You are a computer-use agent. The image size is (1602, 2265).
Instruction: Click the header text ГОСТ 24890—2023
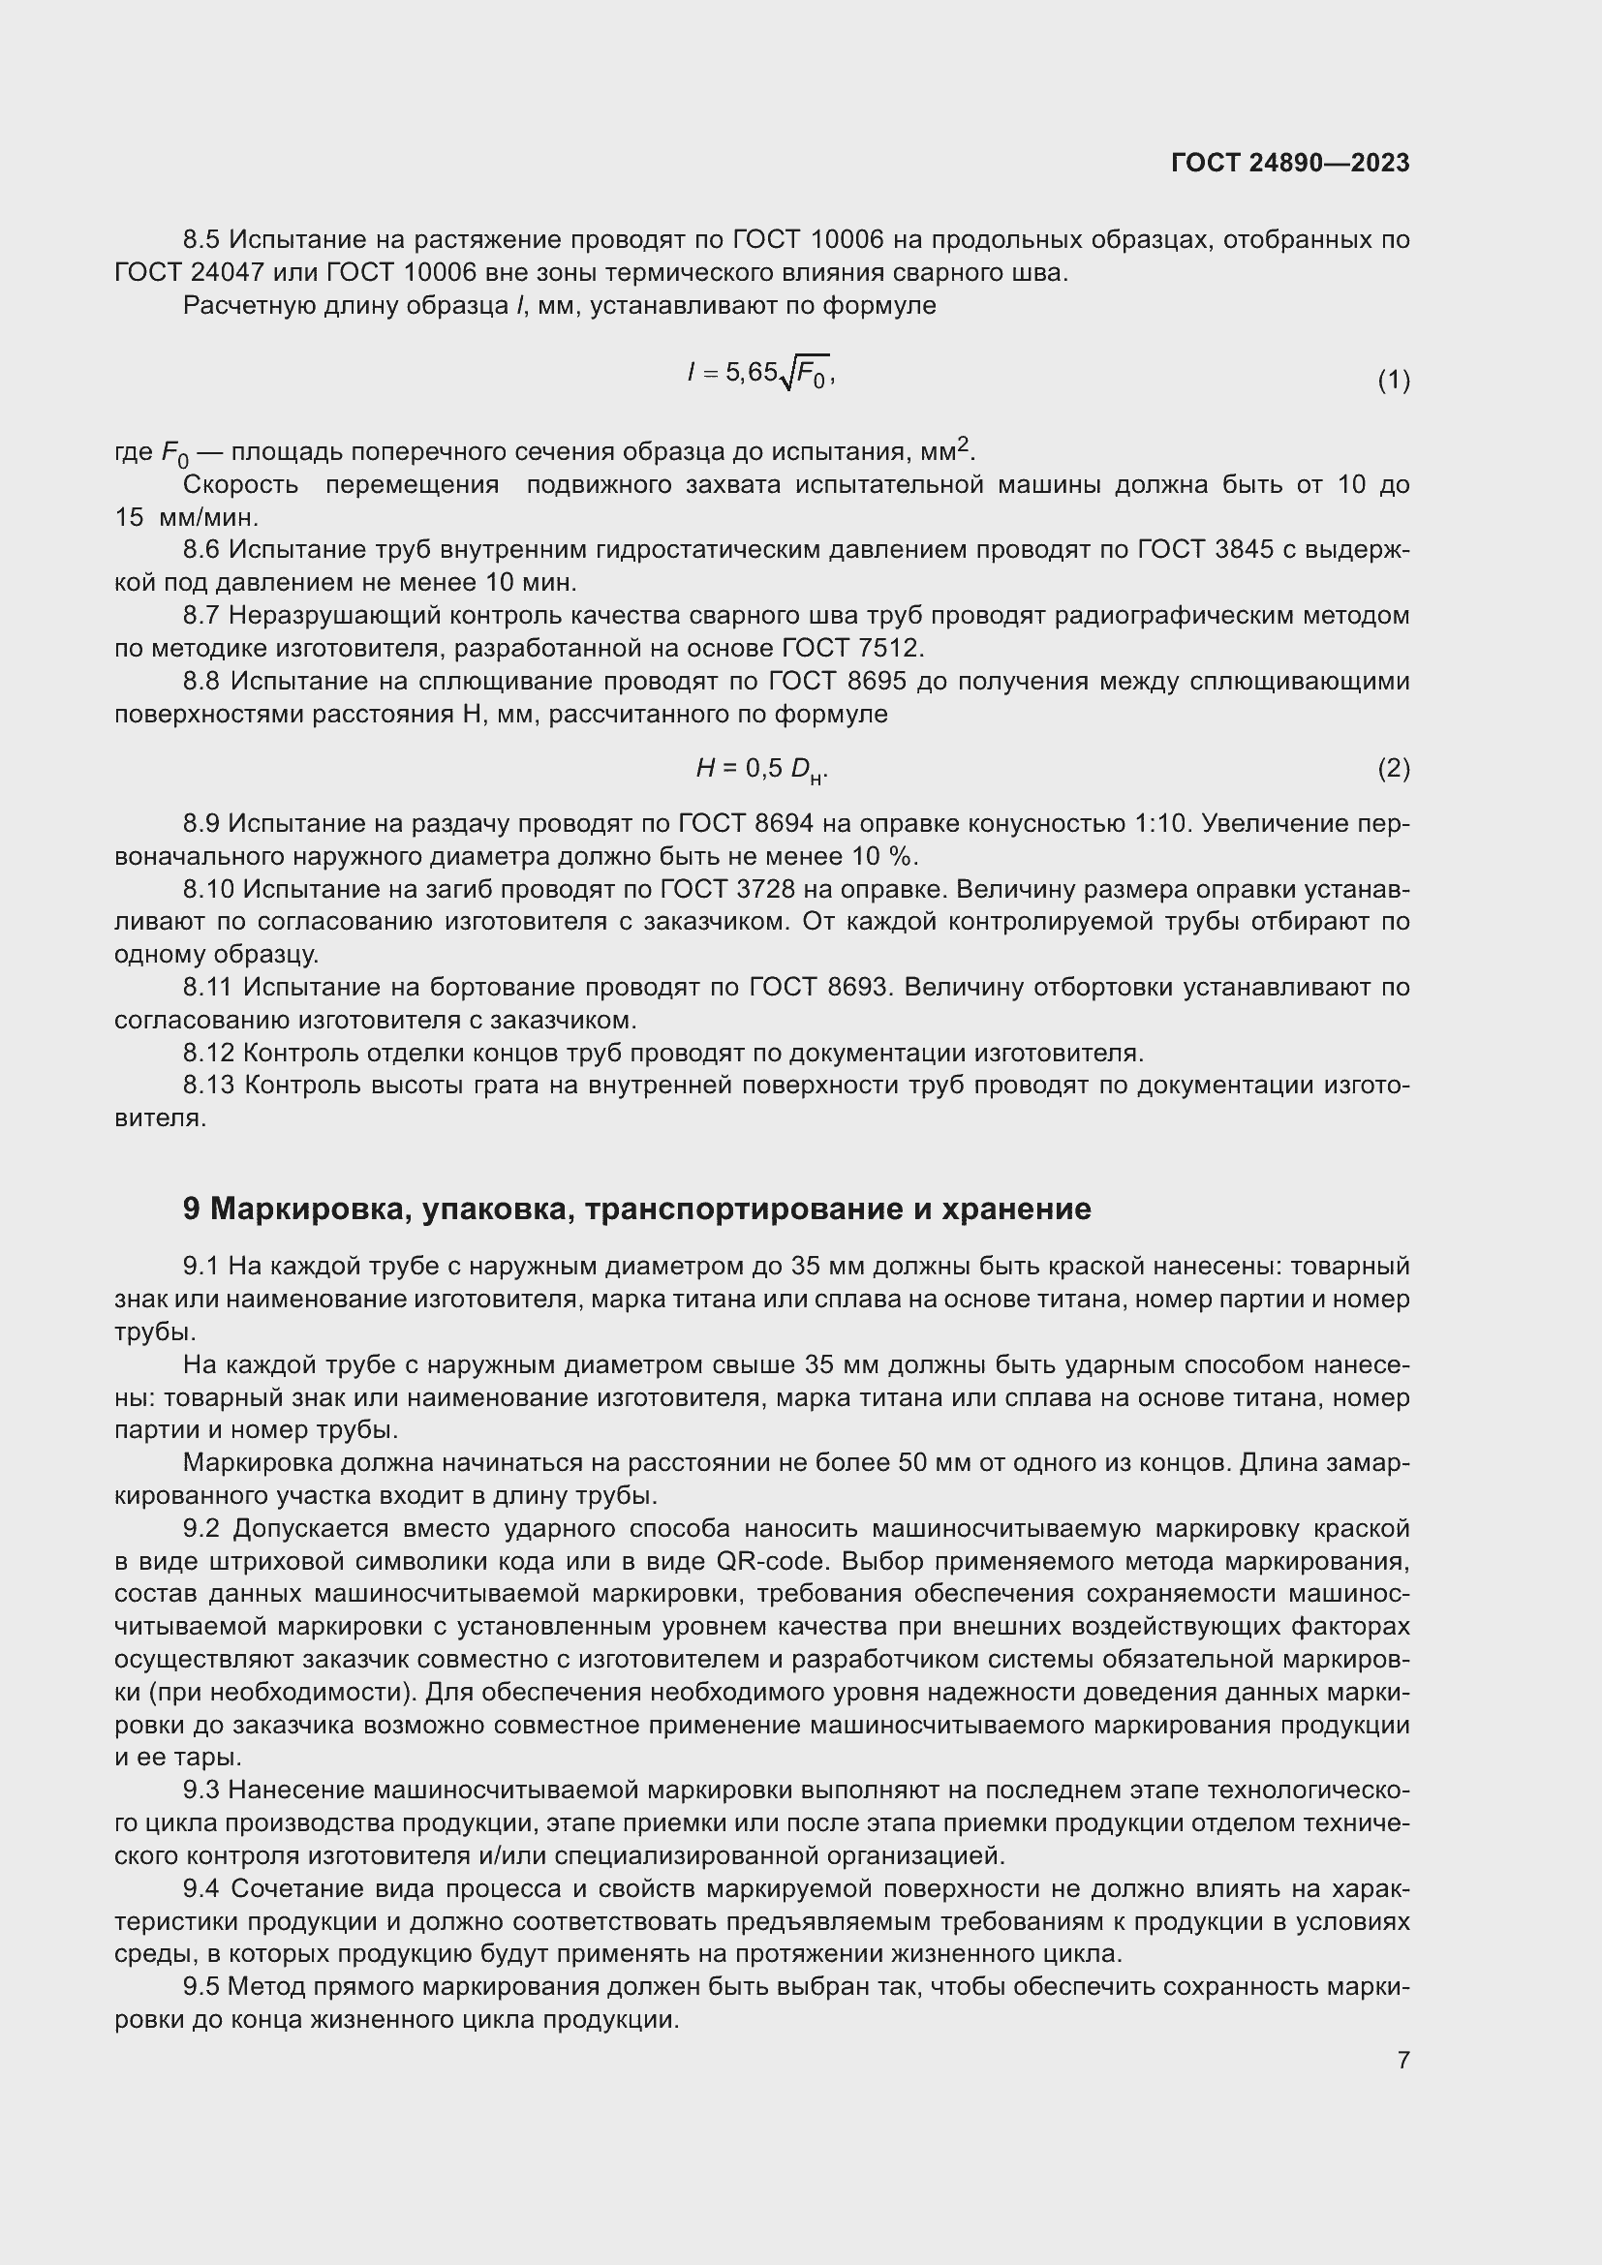click(1289, 163)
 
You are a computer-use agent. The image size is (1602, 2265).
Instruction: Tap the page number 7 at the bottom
click(1402, 2060)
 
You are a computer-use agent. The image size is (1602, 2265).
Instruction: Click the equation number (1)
click(1393, 380)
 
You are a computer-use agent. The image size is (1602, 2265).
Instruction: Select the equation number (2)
click(1393, 768)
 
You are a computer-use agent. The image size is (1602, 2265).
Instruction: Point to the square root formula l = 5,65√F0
click(761, 373)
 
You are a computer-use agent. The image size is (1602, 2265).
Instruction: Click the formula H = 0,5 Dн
click(761, 769)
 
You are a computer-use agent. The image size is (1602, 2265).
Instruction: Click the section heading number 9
click(192, 1209)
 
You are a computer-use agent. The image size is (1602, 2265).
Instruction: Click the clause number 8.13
click(208, 1086)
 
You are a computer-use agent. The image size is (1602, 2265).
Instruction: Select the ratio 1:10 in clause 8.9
click(1157, 823)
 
